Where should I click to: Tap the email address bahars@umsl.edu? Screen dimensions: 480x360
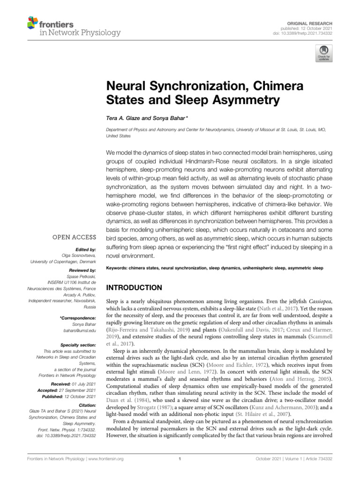(x=82, y=330)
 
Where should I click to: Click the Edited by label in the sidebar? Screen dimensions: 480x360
(x=86, y=250)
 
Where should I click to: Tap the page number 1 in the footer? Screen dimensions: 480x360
(x=180, y=459)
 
